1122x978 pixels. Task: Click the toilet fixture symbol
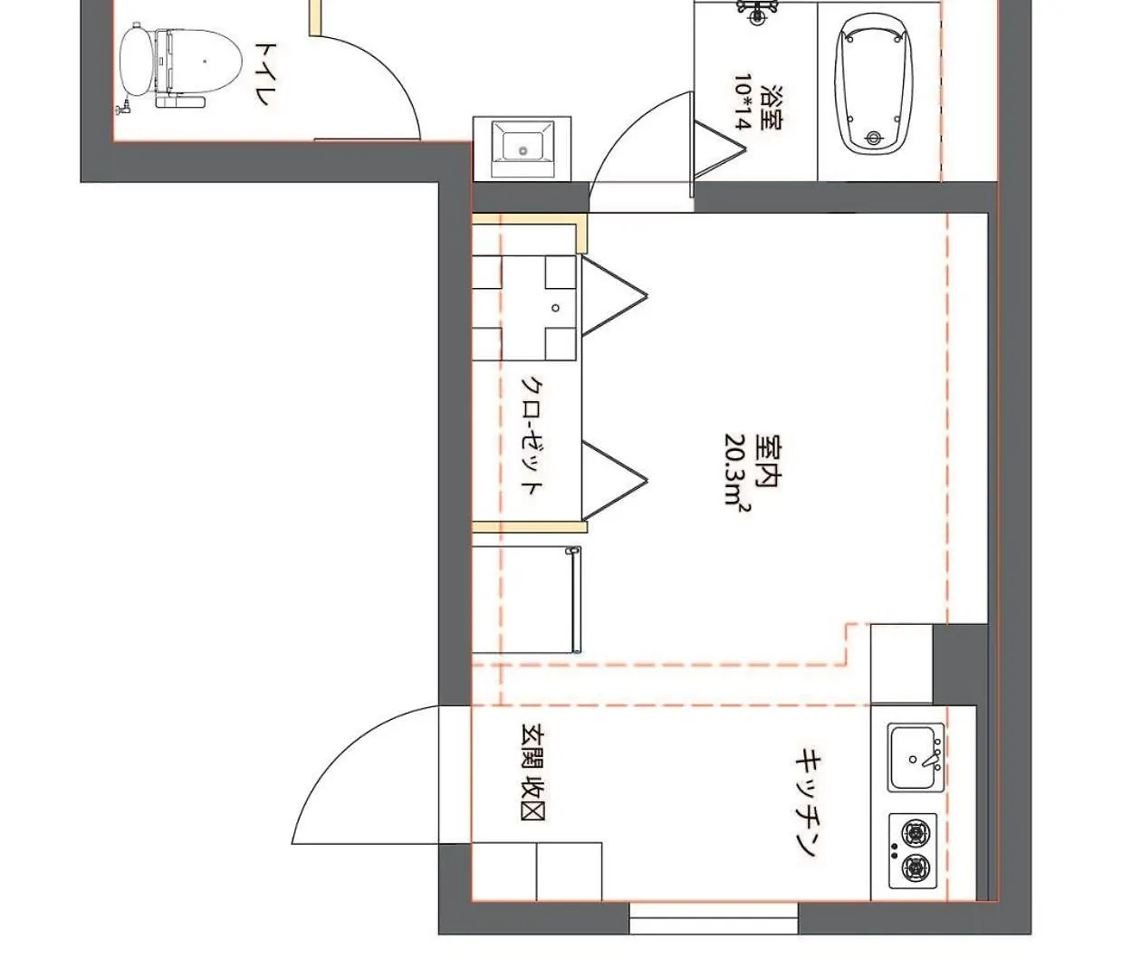[x=180, y=66]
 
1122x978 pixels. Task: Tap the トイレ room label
[x=264, y=74]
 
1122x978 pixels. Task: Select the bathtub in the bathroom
[x=874, y=84]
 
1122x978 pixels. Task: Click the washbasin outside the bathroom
[x=522, y=149]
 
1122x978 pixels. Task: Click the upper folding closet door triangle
[x=614, y=296]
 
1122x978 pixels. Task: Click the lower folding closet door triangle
[x=614, y=481]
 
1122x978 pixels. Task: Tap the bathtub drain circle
[x=874, y=138]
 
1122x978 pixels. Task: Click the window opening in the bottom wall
[x=714, y=917]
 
